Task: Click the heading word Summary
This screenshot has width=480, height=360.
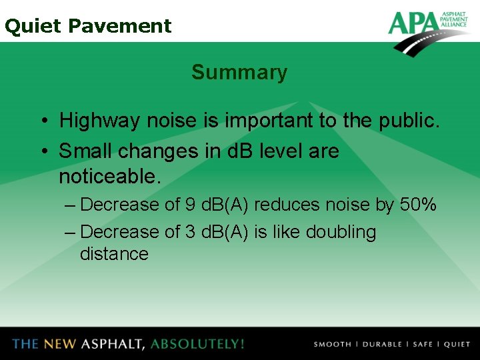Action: (x=239, y=72)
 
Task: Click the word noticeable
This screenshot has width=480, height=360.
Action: (x=110, y=177)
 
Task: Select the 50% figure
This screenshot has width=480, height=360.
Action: (x=418, y=205)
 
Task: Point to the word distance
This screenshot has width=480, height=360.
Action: (x=114, y=254)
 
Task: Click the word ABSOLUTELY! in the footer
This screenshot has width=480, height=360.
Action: (x=197, y=344)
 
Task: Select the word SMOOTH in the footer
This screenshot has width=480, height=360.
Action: (x=332, y=345)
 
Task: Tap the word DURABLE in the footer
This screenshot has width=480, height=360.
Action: (x=381, y=345)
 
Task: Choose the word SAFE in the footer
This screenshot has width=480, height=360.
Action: (x=423, y=345)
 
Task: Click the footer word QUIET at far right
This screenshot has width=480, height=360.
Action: (x=457, y=345)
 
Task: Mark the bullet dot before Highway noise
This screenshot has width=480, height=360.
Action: (x=42, y=122)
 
